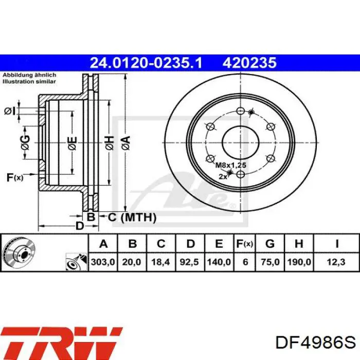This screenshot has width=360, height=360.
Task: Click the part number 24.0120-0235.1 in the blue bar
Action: pos(146,63)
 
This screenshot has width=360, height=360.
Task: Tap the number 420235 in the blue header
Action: pos(249,63)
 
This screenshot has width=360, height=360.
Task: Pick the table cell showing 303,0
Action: pos(103,262)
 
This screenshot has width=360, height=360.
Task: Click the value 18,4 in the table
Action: pos(160,262)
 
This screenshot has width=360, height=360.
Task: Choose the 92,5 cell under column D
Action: pos(189,262)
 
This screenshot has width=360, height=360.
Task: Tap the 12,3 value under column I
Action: pos(336,262)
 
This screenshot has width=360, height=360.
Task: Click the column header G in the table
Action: pos(270,244)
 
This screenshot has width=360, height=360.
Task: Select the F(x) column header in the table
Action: pos(245,244)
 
